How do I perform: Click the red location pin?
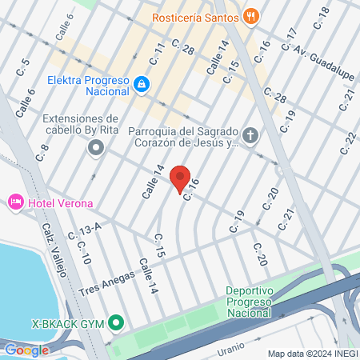pos(180,178)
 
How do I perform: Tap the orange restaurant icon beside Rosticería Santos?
pos(251,15)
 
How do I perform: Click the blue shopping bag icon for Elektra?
pos(141,82)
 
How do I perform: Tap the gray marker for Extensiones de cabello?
pos(97,147)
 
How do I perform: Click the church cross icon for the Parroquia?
pos(251,136)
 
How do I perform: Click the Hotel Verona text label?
pos(60,203)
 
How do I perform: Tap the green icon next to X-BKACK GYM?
pos(116,323)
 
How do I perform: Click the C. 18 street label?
pos(322,17)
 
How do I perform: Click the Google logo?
pos(26,350)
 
